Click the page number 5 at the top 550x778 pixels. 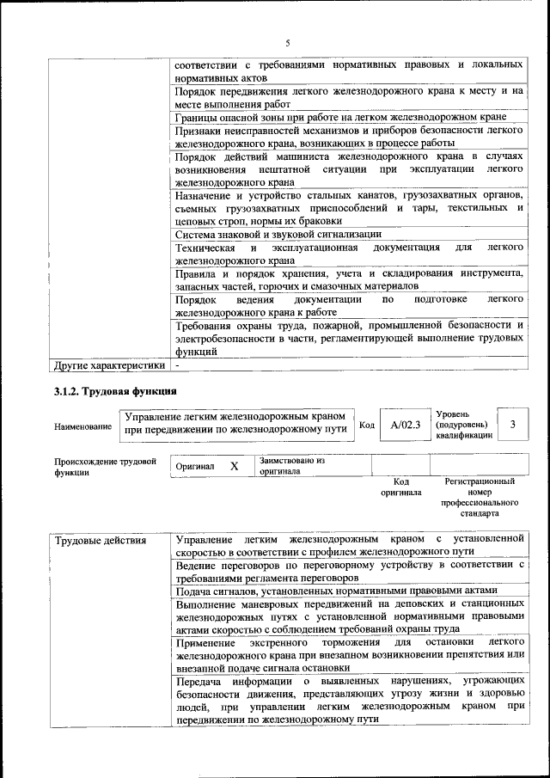288,43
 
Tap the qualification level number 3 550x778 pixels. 513,425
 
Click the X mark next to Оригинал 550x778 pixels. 234,466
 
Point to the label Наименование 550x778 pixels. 82,426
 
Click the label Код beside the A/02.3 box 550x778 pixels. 367,425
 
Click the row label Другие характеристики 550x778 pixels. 108,365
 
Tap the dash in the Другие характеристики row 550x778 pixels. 177,365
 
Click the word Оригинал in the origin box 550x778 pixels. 195,466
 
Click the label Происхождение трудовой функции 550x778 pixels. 105,466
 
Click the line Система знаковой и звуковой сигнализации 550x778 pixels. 278,233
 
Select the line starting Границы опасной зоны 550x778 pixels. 339,116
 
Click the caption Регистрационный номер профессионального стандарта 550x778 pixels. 480,497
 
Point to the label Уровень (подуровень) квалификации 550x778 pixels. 464,425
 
